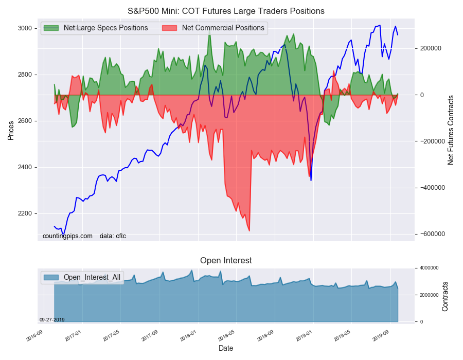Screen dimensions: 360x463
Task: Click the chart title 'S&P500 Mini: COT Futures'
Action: pos(226,11)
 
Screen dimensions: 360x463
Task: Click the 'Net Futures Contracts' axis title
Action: pos(451,130)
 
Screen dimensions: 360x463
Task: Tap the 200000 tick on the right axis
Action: pos(431,48)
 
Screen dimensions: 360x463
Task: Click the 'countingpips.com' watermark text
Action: pos(67,236)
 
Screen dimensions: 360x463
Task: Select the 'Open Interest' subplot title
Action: pos(226,261)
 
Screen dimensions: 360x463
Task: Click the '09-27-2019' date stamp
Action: pos(52,319)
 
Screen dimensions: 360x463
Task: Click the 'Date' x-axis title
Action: pos(226,348)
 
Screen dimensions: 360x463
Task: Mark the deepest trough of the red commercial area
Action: pos(250,231)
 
